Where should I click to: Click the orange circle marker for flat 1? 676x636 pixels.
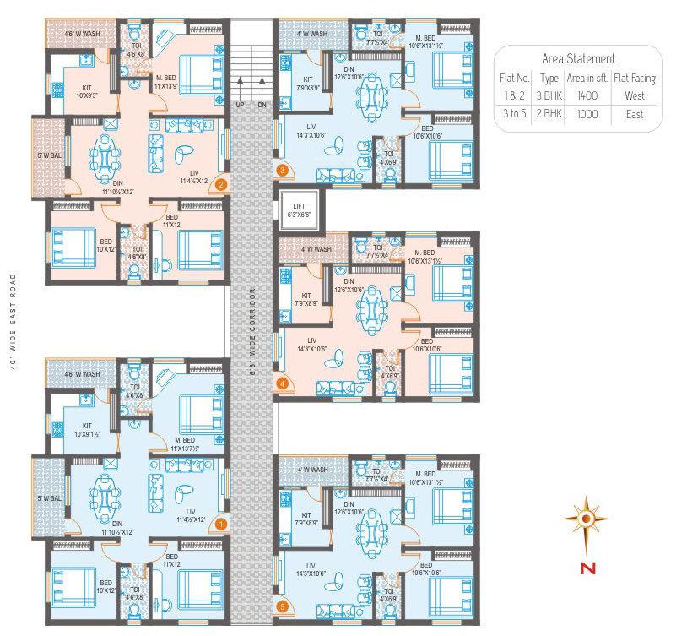[221, 524]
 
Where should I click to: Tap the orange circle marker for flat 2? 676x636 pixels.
[221, 182]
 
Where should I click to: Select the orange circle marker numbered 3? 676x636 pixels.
[283, 170]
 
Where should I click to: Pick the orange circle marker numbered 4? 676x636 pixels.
[283, 383]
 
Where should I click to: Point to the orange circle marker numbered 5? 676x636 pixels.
[283, 605]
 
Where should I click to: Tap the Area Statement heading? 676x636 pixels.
[579, 59]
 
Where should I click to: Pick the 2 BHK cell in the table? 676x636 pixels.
[542, 114]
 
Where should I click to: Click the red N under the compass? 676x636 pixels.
[583, 568]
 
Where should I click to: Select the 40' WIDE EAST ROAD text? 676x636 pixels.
[12, 318]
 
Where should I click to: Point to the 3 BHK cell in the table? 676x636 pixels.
[542, 96]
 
